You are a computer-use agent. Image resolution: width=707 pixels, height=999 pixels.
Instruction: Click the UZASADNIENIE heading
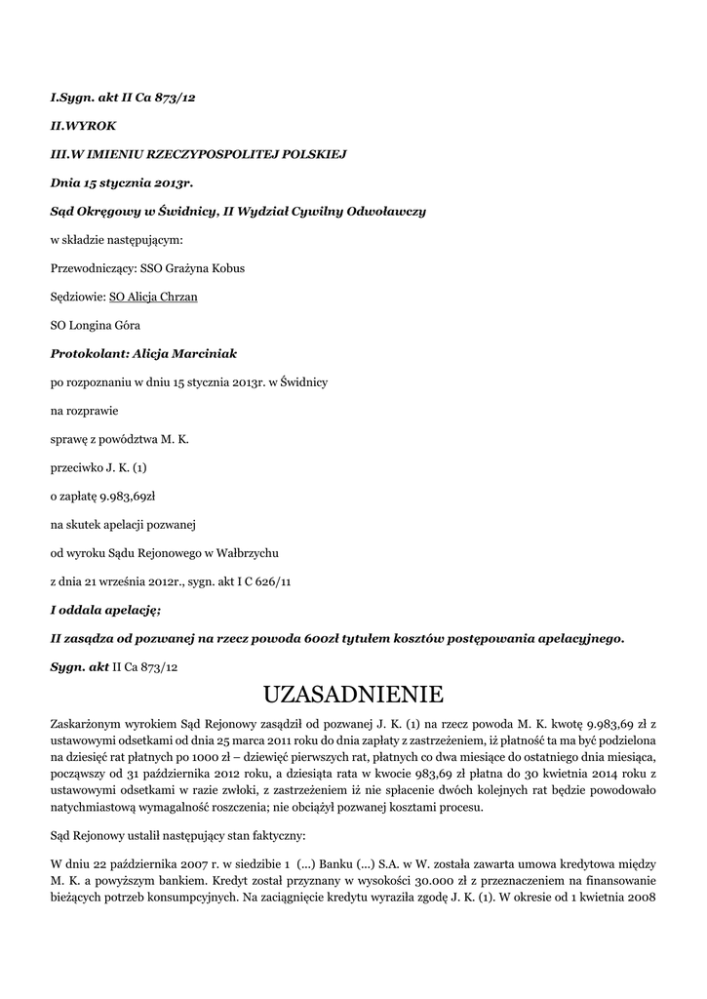tap(353, 695)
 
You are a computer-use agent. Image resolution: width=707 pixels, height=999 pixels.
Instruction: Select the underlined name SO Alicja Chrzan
tap(153, 297)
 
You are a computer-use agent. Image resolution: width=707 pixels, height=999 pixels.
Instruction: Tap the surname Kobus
tap(223, 268)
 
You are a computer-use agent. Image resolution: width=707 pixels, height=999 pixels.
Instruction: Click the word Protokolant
tap(88, 353)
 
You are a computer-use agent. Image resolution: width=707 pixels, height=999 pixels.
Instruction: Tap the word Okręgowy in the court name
tap(108, 212)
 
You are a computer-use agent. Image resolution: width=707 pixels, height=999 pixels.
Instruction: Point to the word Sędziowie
tap(78, 297)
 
